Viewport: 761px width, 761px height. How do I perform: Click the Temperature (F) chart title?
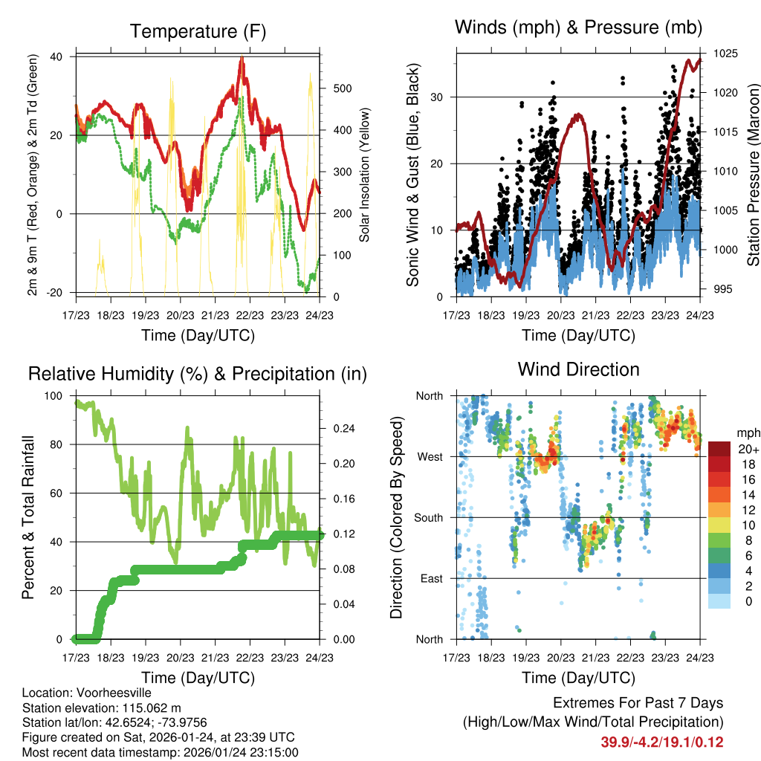(197, 31)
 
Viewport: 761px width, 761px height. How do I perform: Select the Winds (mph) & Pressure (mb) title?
(579, 27)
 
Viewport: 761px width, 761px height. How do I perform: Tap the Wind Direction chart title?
(578, 369)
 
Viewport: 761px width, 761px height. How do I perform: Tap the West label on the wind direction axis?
(429, 456)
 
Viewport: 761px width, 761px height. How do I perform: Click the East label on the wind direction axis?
(430, 578)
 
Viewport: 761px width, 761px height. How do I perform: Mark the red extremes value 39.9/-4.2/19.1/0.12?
(661, 742)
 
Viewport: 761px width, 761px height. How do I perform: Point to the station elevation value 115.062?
(148, 707)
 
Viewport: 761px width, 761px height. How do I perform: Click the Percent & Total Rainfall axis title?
(27, 518)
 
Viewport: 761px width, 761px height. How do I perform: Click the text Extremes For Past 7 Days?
(638, 703)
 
